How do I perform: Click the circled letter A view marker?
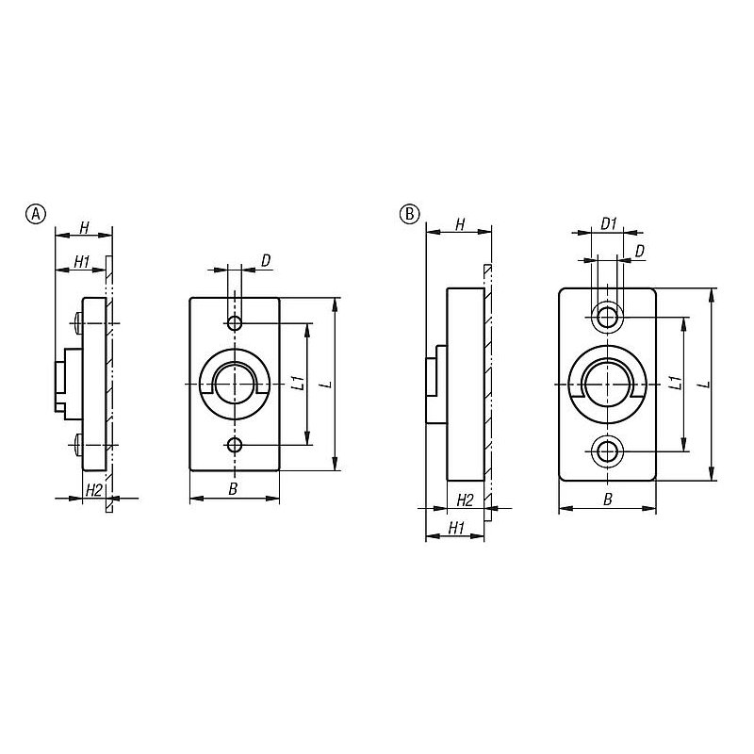click(x=35, y=214)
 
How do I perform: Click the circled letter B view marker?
click(x=409, y=214)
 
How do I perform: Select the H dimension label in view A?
click(x=84, y=227)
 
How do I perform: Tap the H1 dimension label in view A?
click(x=82, y=262)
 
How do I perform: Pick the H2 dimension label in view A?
click(x=93, y=491)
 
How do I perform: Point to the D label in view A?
click(x=266, y=261)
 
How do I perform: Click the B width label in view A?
click(x=233, y=489)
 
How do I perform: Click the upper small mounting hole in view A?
click(x=235, y=323)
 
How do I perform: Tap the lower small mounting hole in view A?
click(x=235, y=445)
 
